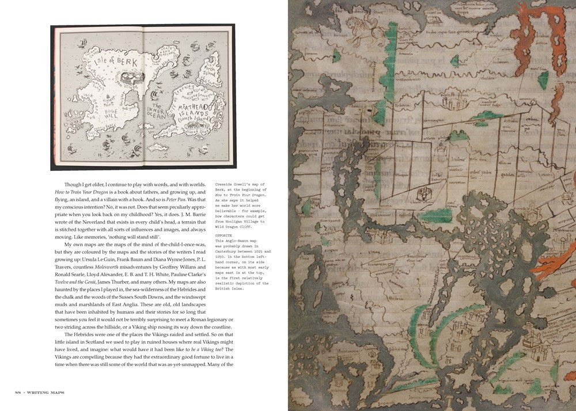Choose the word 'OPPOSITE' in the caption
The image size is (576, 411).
(x=224, y=236)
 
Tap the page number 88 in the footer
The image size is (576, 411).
(x=18, y=393)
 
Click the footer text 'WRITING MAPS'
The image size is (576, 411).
(x=48, y=393)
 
